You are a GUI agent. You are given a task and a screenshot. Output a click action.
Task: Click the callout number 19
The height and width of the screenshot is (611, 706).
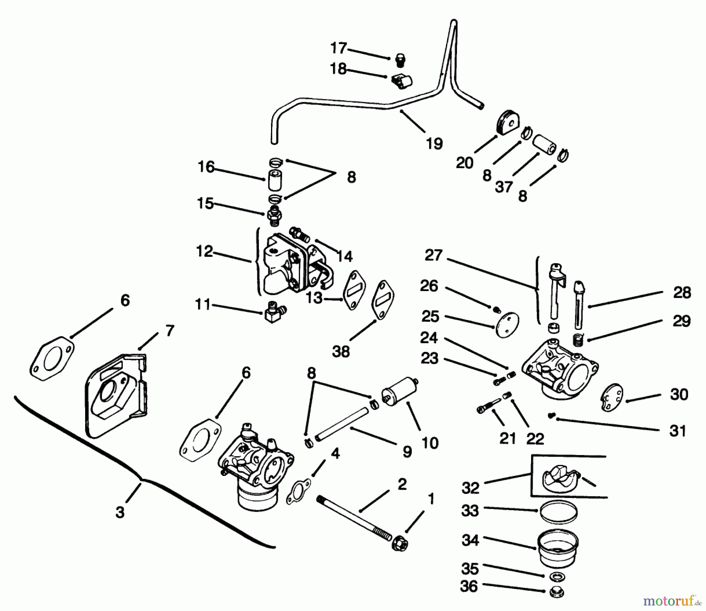coord(434,143)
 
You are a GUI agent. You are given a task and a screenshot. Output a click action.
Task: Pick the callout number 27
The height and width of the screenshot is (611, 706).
coord(433,256)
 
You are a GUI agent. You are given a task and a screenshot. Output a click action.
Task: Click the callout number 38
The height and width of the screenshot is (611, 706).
coord(340,351)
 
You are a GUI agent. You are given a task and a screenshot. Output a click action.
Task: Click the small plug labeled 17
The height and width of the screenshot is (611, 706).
coord(400,60)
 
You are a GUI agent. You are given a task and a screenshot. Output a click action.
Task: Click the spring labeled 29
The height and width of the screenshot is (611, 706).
coord(578,339)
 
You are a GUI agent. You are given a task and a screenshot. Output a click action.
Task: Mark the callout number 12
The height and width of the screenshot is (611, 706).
coord(204,251)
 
